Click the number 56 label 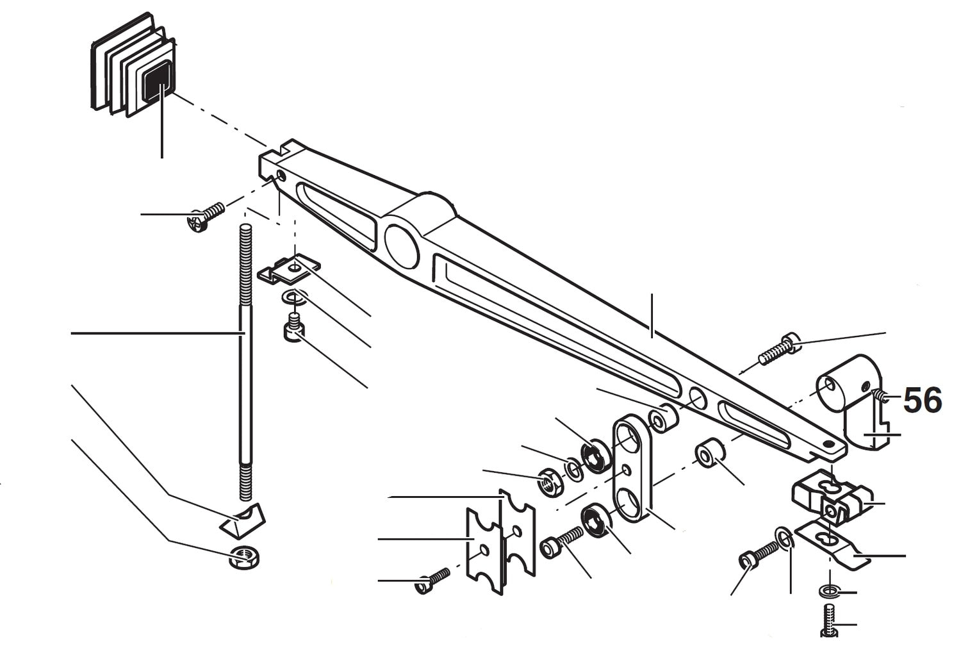923,401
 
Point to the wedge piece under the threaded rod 243,520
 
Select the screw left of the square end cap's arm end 205,217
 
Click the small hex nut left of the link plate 549,480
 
